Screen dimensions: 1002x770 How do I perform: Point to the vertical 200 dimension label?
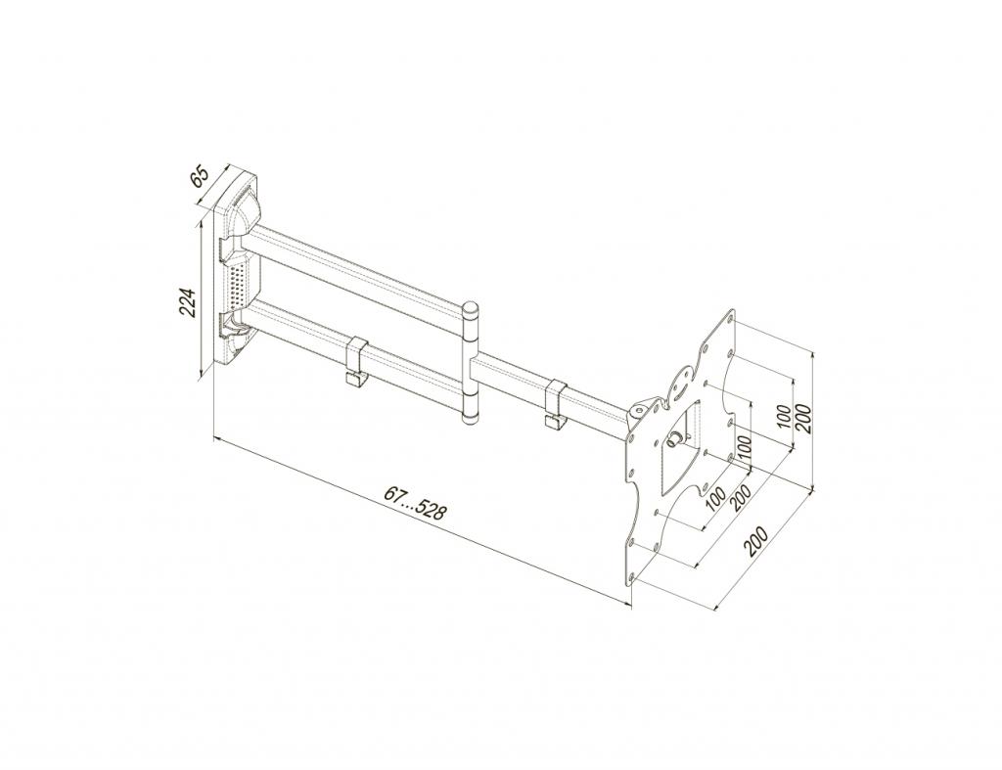(804, 419)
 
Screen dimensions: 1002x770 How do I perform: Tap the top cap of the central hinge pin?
(471, 309)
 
